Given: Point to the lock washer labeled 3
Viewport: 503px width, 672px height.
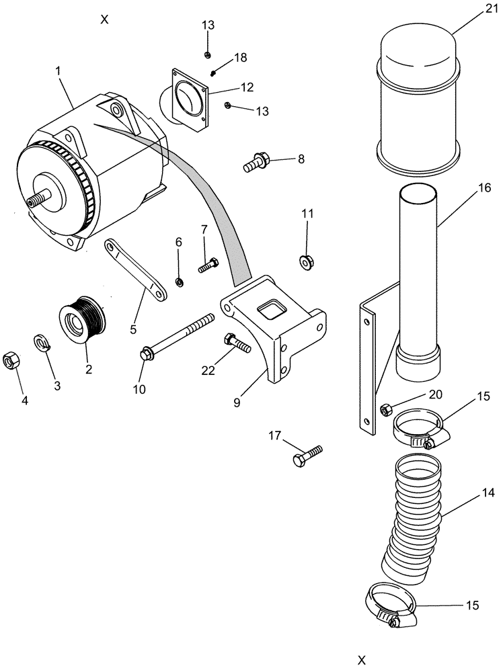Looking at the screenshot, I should [42, 343].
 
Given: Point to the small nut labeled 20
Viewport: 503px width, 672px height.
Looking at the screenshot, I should [386, 409].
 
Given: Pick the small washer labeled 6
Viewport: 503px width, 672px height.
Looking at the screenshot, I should [179, 282].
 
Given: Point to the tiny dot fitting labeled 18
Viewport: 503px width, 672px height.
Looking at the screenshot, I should [212, 73].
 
